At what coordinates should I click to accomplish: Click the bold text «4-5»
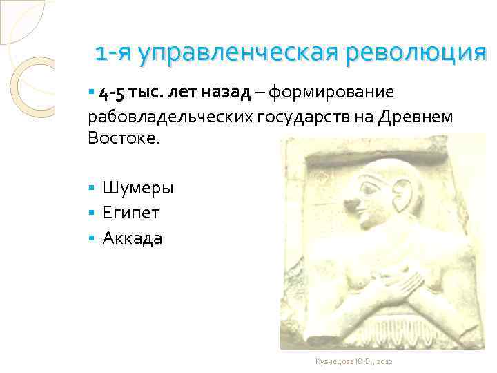115,93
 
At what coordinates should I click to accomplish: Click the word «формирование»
331,93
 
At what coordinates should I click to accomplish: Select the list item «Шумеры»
138,188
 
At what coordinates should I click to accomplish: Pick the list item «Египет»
131,213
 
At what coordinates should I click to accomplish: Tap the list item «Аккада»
133,238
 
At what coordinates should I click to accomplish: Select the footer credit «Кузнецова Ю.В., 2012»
353,361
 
